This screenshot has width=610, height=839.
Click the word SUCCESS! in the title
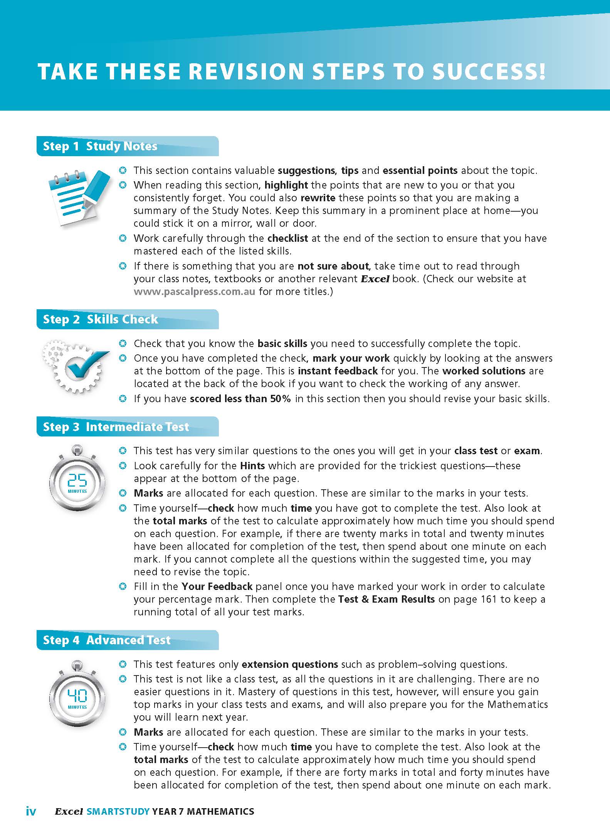489,72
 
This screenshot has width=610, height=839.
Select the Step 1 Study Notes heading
100,146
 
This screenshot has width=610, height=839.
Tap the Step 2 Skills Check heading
101,319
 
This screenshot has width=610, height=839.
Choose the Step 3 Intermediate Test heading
116,427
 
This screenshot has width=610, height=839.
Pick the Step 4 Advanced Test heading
107,640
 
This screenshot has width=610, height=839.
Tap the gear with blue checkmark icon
76,365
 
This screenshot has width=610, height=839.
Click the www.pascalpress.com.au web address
194,291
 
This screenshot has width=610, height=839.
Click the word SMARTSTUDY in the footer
118,811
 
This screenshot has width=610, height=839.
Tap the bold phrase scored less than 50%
240,399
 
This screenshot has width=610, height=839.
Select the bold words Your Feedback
217,586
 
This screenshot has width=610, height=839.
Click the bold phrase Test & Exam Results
387,599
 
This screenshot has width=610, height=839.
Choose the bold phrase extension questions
290,664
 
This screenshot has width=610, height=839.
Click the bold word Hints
252,466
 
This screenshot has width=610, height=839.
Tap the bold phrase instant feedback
338,371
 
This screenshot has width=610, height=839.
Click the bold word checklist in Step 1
287,238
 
